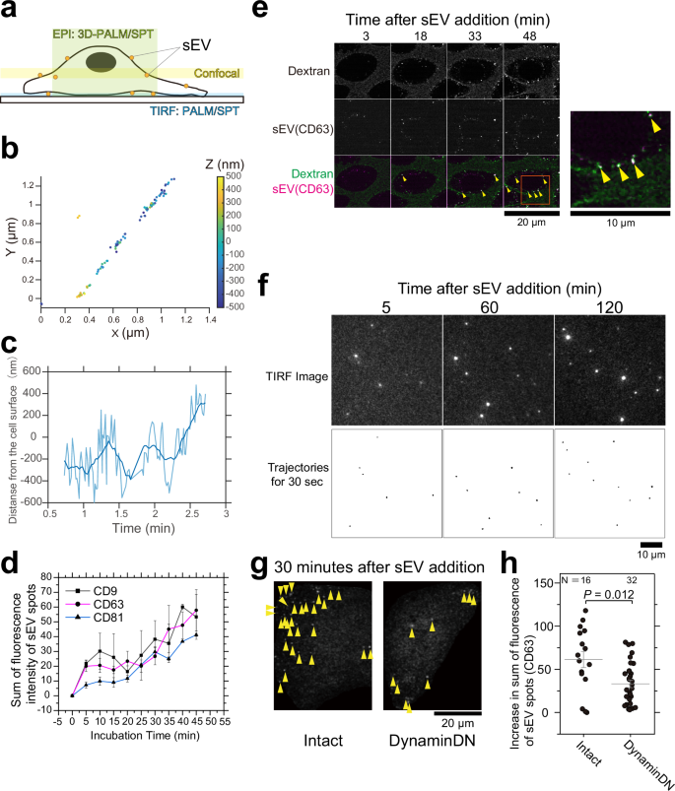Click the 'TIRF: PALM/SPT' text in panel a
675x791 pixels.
point(190,116)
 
